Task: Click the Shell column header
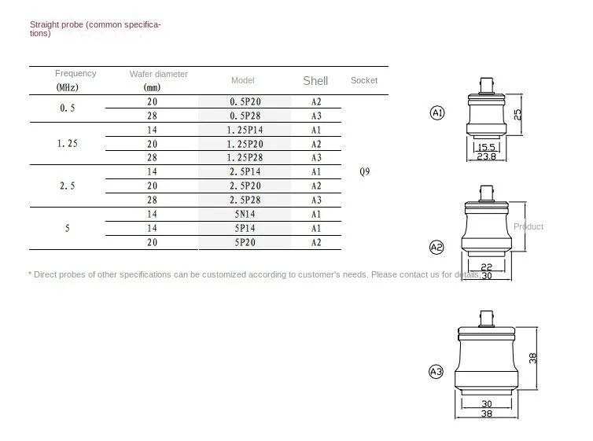click(x=315, y=81)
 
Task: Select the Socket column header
click(x=364, y=80)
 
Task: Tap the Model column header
click(x=243, y=80)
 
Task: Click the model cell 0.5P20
click(x=245, y=101)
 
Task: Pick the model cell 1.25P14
click(x=245, y=130)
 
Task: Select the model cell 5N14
click(x=245, y=215)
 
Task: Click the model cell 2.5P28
click(x=245, y=200)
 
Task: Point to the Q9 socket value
click(x=365, y=171)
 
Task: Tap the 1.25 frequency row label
click(x=68, y=144)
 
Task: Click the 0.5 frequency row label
click(x=68, y=108)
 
